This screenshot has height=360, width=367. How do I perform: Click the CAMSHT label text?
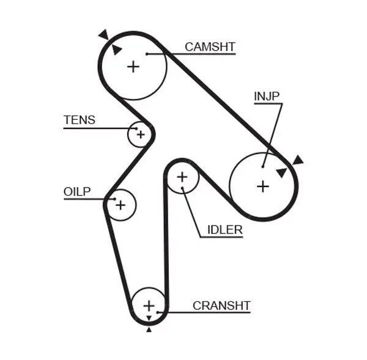pyautogui.click(x=210, y=46)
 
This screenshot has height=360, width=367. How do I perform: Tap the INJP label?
pyautogui.click(x=267, y=95)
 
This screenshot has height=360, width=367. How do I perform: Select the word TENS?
pyautogui.click(x=79, y=120)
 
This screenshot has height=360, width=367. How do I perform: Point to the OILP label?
pyautogui.click(x=76, y=192)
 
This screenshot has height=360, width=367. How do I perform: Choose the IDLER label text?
pyautogui.click(x=224, y=230)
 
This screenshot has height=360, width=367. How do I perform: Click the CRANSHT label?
pyautogui.click(x=221, y=305)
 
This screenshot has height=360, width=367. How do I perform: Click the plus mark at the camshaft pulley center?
pyautogui.click(x=133, y=66)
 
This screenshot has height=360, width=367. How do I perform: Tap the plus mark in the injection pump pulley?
pyautogui.click(x=262, y=186)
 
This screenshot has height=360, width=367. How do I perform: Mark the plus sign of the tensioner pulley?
pyautogui.click(x=140, y=134)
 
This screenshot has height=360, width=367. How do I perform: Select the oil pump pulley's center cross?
pyautogui.click(x=120, y=205)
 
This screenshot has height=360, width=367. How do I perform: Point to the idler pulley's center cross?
pyautogui.click(x=182, y=177)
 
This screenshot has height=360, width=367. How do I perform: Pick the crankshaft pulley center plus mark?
pyautogui.click(x=149, y=305)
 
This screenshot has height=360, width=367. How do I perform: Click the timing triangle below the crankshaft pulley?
pyautogui.click(x=149, y=329)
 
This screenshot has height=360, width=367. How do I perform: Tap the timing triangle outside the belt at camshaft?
pyautogui.click(x=103, y=34)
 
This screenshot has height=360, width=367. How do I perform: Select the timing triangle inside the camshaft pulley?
pyautogui.click(x=116, y=49)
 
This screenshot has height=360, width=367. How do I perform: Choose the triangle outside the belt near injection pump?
pyautogui.click(x=298, y=160)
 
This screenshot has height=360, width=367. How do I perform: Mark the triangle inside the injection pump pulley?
pyautogui.click(x=281, y=172)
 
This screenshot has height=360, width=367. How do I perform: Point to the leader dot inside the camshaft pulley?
pyautogui.click(x=147, y=54)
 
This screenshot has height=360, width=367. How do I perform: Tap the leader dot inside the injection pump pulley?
pyautogui.click(x=262, y=165)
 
